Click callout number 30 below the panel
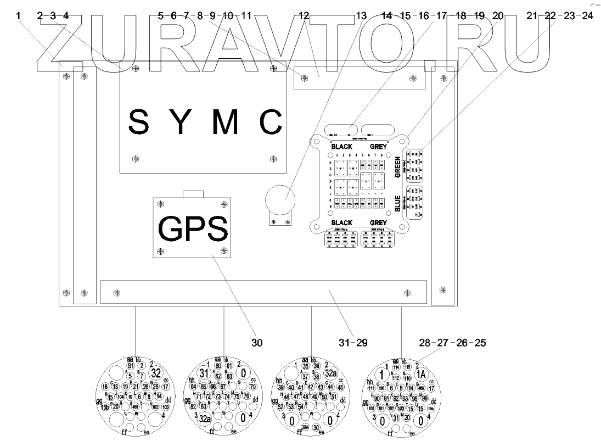click(257, 343)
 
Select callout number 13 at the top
click(360, 16)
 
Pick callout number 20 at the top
click(498, 16)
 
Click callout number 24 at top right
click(587, 16)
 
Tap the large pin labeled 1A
click(422, 373)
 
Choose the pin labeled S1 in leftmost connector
click(130, 365)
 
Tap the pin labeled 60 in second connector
click(218, 365)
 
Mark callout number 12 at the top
click(304, 16)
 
